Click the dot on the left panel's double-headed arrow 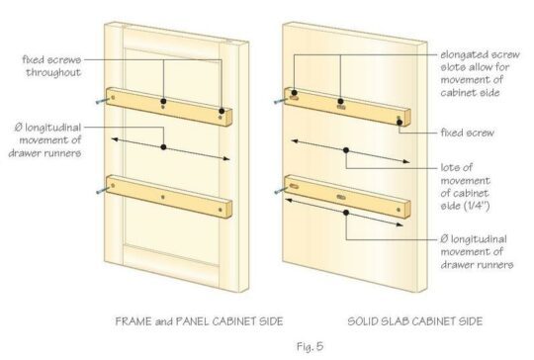pos(163,148)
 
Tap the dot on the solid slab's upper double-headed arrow pos(347,151)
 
